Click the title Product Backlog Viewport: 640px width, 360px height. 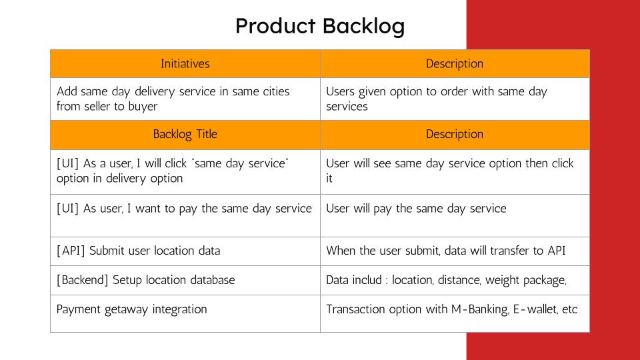320,27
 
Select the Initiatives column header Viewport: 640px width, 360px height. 185,64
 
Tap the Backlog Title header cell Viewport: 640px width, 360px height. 185,134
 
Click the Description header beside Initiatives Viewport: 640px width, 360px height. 455,64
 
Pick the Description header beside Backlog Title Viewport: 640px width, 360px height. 455,135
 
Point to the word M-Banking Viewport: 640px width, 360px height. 480,309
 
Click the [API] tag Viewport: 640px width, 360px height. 71,251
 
